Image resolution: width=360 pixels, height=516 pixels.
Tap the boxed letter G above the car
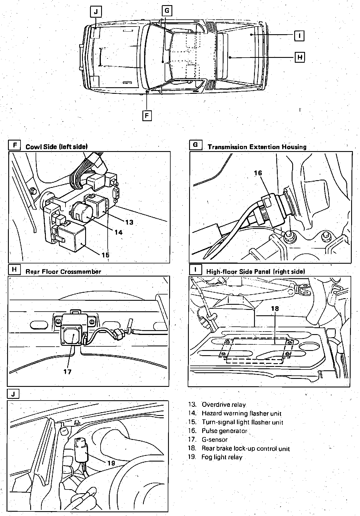(167, 11)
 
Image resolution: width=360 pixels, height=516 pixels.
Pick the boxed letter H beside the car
(299, 57)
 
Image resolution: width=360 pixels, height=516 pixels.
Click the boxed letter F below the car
(147, 116)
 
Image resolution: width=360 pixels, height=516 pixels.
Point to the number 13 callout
(129, 222)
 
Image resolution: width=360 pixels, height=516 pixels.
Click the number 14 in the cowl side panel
(118, 232)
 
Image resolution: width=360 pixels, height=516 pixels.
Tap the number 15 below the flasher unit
(105, 255)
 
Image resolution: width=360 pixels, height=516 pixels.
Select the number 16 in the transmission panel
(258, 173)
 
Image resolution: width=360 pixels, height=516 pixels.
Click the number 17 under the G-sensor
(67, 371)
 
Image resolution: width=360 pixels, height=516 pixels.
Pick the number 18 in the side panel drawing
(275, 308)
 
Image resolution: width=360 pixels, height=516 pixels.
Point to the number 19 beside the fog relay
(111, 463)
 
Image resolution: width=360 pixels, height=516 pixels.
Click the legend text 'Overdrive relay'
(224, 405)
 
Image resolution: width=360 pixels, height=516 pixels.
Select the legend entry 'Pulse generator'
(224, 431)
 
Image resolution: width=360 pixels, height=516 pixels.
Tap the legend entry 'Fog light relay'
(222, 457)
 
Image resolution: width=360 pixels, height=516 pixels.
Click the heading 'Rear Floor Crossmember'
(63, 271)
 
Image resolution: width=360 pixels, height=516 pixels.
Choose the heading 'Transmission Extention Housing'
(257, 147)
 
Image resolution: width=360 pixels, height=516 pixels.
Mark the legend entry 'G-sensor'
(214, 440)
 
